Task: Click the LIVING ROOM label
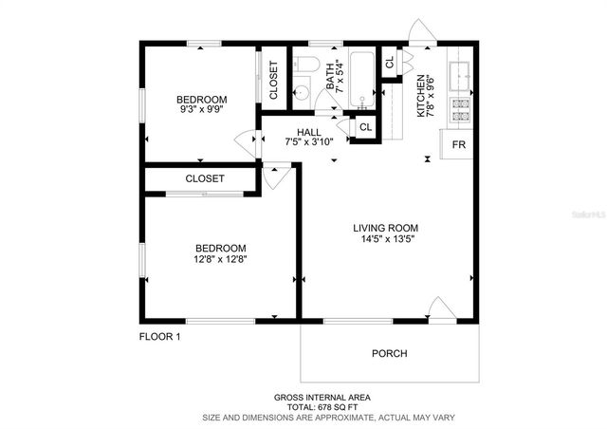(385, 228)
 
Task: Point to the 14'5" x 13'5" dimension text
(385, 241)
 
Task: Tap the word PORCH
(389, 354)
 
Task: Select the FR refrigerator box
(457, 144)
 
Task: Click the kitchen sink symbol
(459, 71)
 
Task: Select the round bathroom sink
(301, 93)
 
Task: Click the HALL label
(309, 132)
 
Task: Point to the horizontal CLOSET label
(205, 178)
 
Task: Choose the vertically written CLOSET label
(274, 81)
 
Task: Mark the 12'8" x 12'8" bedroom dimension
(221, 258)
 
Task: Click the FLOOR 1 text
(159, 336)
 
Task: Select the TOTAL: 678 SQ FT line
(322, 407)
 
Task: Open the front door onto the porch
(441, 310)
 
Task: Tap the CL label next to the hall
(364, 126)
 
